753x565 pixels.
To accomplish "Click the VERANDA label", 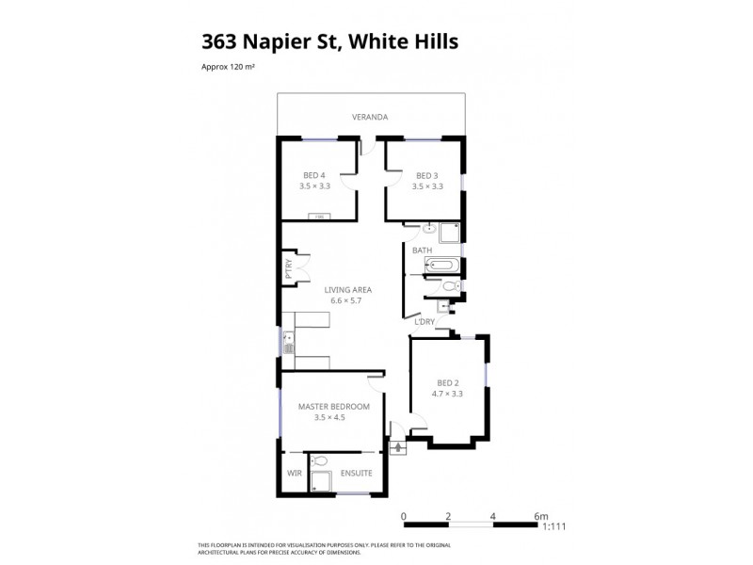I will point(370,117).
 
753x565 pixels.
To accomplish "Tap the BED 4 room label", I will point(315,175).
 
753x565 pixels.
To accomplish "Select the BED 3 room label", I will point(427,175).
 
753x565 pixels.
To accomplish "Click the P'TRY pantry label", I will point(288,270).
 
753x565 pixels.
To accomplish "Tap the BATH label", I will point(422,250).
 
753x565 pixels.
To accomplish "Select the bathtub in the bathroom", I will point(441,266).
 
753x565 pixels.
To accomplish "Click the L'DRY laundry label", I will point(425,322).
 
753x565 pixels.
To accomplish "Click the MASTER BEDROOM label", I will point(334,406).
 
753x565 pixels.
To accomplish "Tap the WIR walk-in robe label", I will point(294,473).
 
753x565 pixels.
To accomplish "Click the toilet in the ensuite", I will point(321,461).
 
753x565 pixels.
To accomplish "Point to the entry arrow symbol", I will point(396,445).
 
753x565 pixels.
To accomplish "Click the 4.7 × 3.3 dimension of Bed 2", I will point(448,393).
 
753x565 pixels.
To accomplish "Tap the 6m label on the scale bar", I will point(540,516).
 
